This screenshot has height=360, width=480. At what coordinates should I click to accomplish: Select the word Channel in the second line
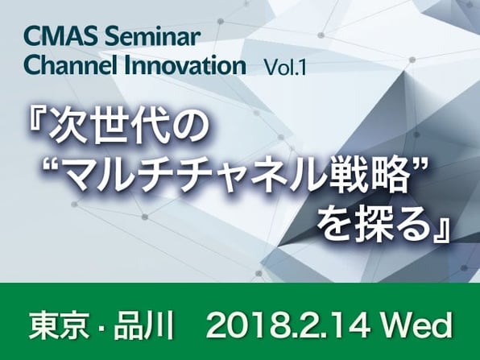70,65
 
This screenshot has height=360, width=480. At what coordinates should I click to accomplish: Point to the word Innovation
185,65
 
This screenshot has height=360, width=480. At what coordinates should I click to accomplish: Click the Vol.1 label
285,68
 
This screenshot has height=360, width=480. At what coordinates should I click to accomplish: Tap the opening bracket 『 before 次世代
39,120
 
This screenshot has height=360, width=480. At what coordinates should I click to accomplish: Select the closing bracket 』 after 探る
441,232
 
